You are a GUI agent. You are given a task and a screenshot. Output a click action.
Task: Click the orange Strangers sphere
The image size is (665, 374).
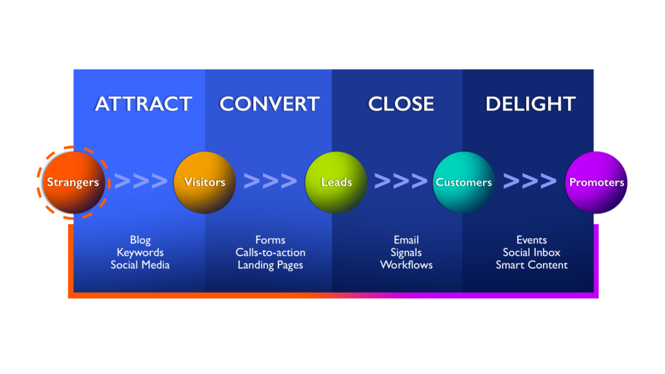click(73, 182)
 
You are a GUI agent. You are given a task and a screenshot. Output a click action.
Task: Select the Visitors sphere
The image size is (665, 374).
click(205, 182)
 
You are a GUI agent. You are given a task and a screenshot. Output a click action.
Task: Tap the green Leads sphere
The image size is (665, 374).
click(336, 182)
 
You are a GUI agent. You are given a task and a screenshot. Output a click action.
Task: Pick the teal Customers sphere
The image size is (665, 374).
click(464, 182)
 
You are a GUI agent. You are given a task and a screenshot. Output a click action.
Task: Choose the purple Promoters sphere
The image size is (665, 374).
click(596, 182)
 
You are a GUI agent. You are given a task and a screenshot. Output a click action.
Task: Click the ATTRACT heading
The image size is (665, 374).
click(144, 104)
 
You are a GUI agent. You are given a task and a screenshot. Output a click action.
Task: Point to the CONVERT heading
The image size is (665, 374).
click(270, 104)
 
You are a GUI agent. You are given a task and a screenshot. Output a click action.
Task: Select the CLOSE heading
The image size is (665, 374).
click(401, 104)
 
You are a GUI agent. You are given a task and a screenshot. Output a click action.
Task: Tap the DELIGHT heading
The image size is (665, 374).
click(531, 104)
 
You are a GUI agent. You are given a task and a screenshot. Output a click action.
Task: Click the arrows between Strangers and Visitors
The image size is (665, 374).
click(141, 181)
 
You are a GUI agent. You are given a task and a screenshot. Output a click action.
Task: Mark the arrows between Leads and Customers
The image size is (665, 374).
click(401, 181)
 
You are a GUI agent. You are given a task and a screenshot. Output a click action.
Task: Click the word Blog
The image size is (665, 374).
click(140, 240)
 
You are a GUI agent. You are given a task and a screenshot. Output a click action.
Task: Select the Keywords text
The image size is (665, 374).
click(140, 253)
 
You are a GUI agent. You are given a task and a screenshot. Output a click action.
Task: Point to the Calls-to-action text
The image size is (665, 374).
click(270, 253)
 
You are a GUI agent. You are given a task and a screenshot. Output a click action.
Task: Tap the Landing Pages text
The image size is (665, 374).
click(270, 266)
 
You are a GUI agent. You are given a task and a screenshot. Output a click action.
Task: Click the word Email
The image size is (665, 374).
click(406, 240)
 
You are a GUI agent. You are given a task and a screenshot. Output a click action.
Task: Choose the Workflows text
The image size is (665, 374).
click(407, 265)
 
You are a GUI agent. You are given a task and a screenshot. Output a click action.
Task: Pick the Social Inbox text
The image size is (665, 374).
click(531, 253)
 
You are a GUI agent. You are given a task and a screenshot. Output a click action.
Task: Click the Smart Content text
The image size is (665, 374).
click(531, 265)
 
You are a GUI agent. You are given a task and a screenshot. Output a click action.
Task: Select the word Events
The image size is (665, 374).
click(531, 240)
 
